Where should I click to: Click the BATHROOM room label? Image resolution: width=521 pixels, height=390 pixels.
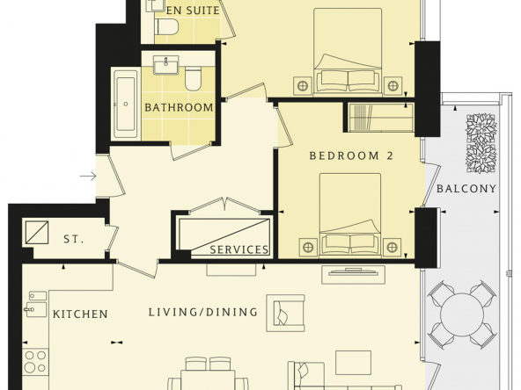click(179, 107)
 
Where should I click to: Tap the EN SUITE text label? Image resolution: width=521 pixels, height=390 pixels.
click(193, 11)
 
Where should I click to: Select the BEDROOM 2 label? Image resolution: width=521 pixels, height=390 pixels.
click(351, 155)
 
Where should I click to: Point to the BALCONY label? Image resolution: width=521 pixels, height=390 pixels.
click(466, 189)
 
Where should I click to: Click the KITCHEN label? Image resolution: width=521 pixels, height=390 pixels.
click(80, 314)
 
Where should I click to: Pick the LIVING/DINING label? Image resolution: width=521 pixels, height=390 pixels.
click(203, 312)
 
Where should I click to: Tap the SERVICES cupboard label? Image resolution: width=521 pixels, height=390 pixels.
click(238, 249)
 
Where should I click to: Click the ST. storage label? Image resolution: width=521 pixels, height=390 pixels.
click(73, 239)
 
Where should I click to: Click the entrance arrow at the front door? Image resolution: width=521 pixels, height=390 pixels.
click(88, 176)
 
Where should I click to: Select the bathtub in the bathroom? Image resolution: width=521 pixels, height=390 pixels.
click(125, 104)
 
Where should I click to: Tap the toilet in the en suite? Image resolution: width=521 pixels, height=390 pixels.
click(167, 26)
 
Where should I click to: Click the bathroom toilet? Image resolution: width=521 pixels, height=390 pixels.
click(194, 78)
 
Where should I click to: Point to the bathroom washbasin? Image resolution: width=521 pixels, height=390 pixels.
click(166, 65)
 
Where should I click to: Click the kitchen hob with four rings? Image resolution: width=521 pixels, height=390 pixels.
click(35, 361)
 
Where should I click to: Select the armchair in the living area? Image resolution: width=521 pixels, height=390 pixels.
click(285, 313)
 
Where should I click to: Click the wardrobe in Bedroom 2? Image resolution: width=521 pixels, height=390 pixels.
click(378, 118)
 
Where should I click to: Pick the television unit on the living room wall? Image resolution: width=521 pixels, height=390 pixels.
click(353, 274)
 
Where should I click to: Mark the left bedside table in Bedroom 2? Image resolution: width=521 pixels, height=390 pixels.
click(308, 248)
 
